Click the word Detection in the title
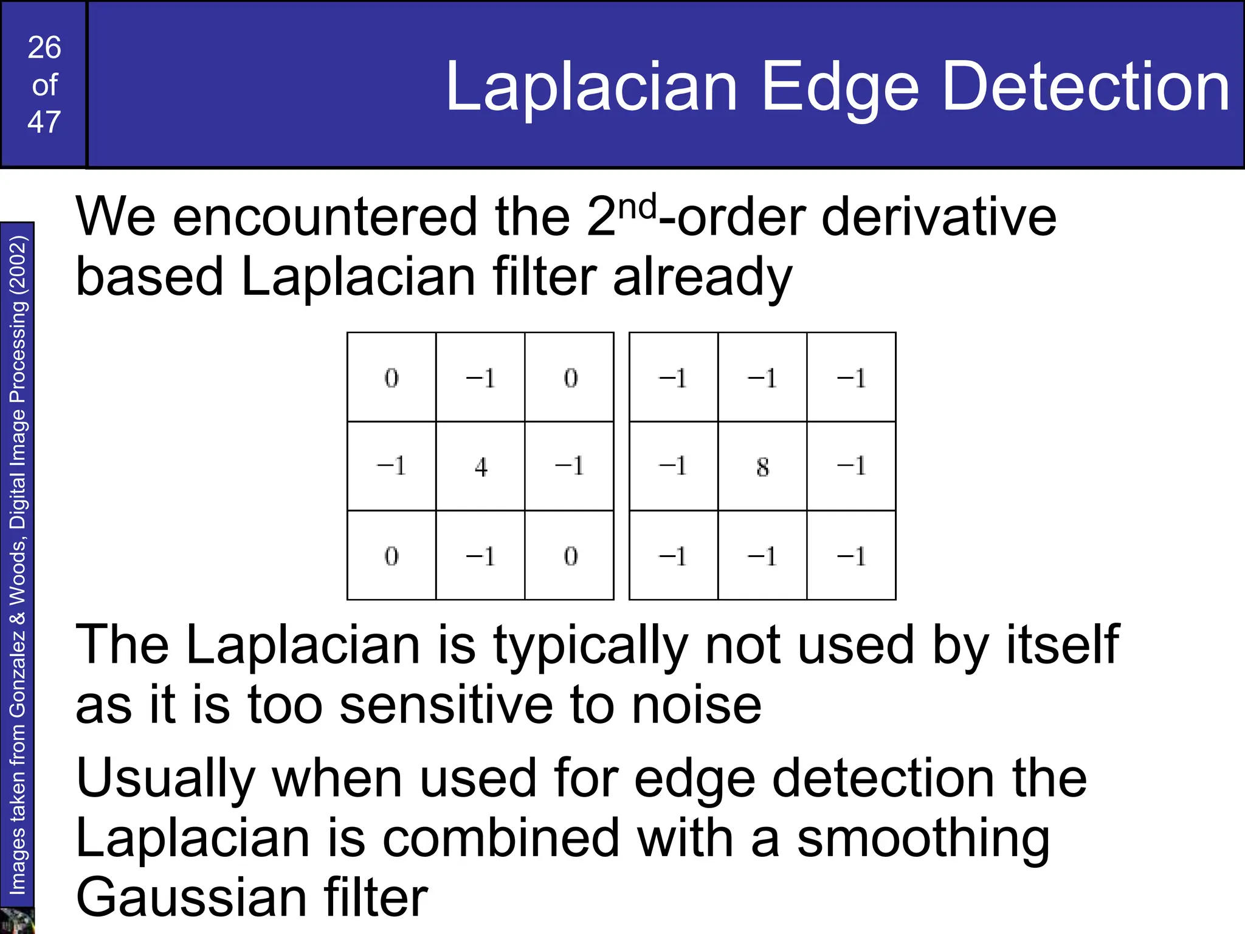pyautogui.click(x=1086, y=86)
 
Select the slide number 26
pyautogui.click(x=44, y=47)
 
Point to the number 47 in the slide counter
pyautogui.click(x=44, y=122)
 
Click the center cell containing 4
pyautogui.click(x=481, y=466)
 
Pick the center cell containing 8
pyautogui.click(x=762, y=466)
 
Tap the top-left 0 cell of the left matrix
pyautogui.click(x=391, y=378)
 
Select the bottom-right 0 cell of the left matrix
pyautogui.click(x=570, y=556)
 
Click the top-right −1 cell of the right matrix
pyautogui.click(x=851, y=378)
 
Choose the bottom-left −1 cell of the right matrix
pyautogui.click(x=673, y=556)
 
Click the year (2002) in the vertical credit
pyautogui.click(x=18, y=265)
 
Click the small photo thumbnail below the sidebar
pyautogui.click(x=16, y=921)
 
